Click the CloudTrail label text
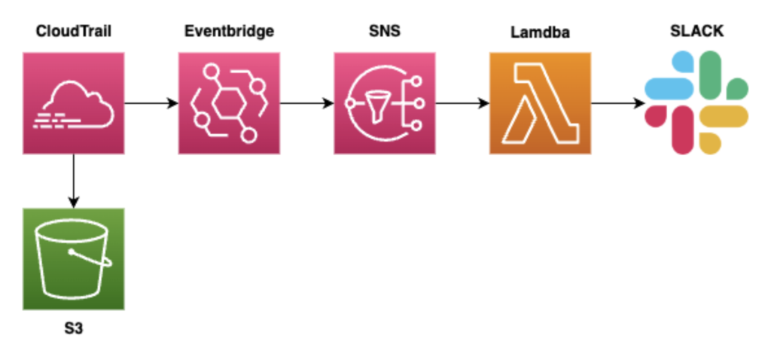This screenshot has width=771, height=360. click(x=73, y=32)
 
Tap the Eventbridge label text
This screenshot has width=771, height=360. click(x=229, y=32)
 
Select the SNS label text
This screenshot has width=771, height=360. click(x=384, y=32)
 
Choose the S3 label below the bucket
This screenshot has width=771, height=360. click(x=73, y=328)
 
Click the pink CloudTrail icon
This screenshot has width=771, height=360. click(x=73, y=103)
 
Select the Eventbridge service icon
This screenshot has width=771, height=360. click(x=229, y=103)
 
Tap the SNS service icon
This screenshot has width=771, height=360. click(x=384, y=103)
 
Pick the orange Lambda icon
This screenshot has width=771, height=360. click(x=540, y=103)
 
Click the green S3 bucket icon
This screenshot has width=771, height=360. click(x=73, y=258)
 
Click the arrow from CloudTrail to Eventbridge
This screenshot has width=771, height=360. click(x=151, y=103)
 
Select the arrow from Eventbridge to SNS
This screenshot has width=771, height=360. click(x=306, y=103)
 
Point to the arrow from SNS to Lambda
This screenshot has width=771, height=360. click(x=462, y=103)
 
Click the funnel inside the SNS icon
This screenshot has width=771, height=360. click(x=374, y=103)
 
